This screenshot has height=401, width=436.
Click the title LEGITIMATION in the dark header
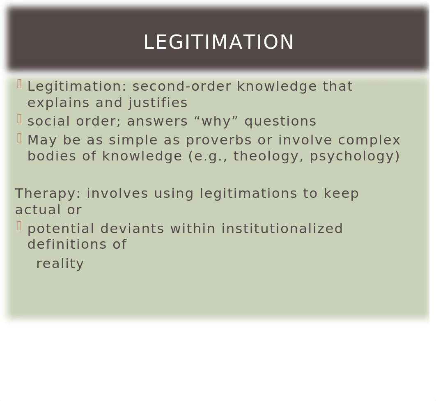218,42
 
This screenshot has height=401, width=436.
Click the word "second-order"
182,87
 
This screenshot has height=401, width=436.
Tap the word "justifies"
158,103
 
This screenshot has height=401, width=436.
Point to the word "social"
49,121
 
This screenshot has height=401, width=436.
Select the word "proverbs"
219,140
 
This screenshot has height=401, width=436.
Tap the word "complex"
369,140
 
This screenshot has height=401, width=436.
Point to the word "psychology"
352,156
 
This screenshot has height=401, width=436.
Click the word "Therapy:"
48,194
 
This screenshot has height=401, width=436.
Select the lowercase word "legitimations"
249,194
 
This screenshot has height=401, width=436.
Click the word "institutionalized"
282,229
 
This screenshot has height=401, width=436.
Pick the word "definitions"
67,244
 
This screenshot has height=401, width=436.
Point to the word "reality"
60,264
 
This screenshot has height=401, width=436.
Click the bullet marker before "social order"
19,119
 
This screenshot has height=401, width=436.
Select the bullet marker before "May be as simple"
19,138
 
